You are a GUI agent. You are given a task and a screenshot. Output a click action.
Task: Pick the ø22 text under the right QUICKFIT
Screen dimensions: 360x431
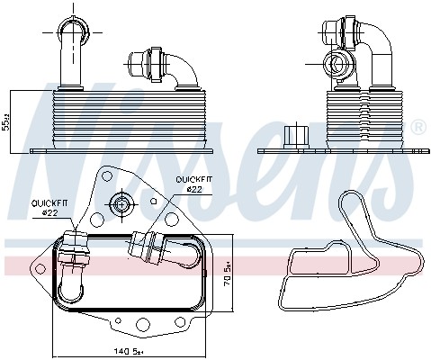pyautogui.click(x=193, y=189)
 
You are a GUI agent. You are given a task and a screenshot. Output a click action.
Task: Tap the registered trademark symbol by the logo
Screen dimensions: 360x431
pyautogui.click(x=418, y=128)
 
